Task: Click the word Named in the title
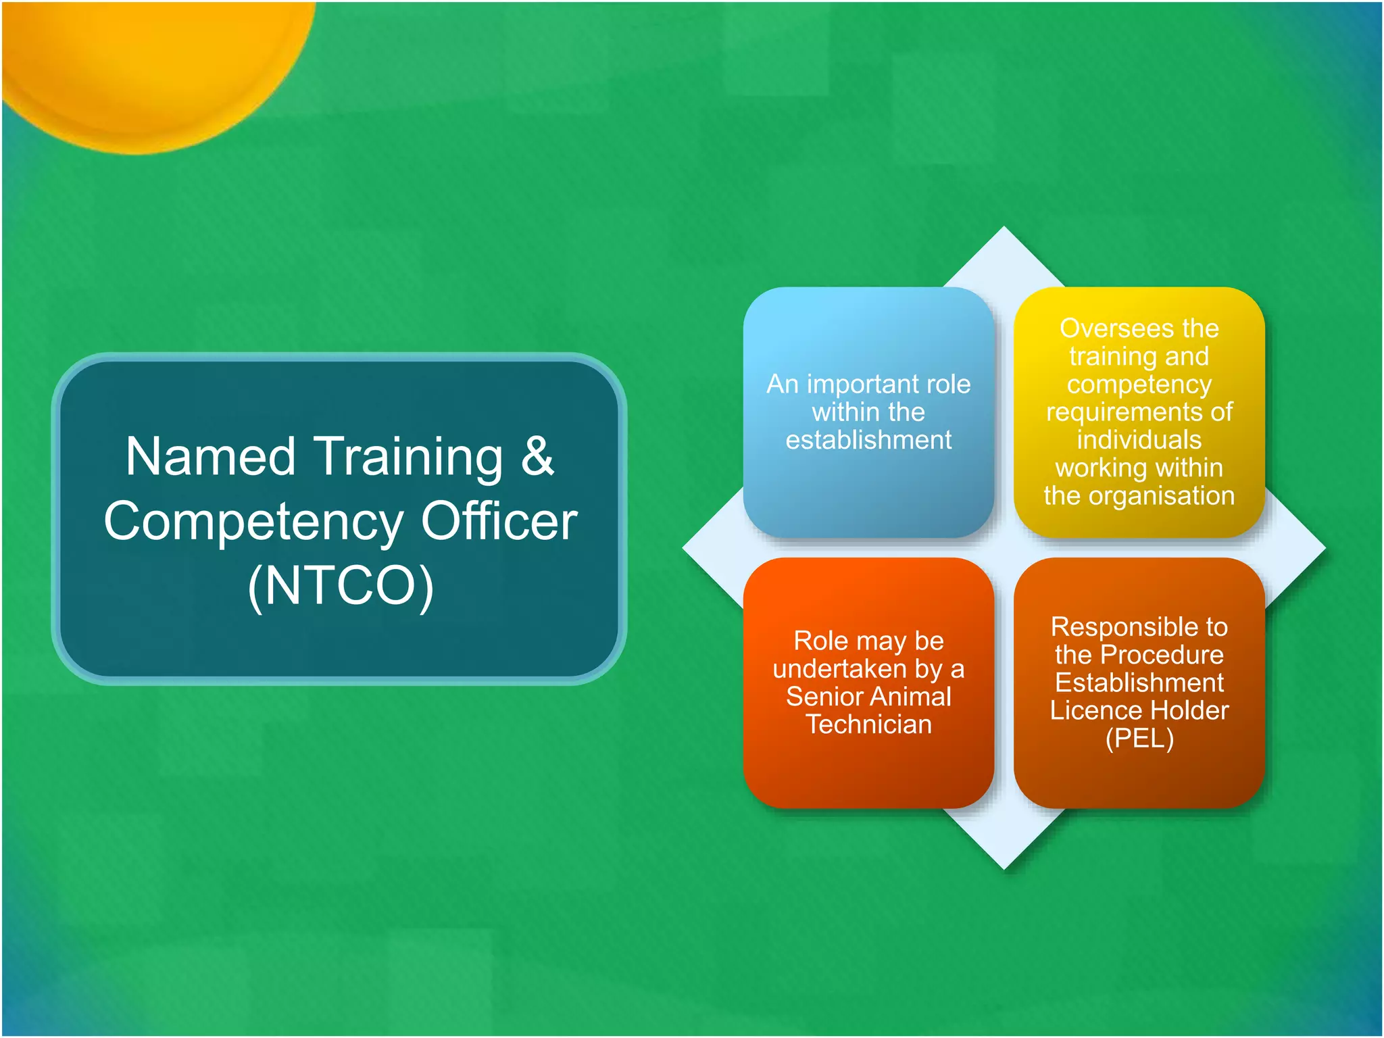(210, 457)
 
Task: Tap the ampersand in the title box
(537, 457)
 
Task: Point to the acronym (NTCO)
(340, 585)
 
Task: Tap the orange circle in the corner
(149, 61)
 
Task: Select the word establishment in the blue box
(868, 441)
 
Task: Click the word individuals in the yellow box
(1139, 440)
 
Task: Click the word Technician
(868, 724)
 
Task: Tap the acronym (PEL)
(1139, 739)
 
